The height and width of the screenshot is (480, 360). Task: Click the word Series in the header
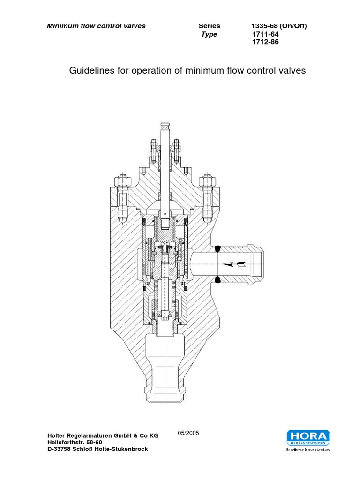209,26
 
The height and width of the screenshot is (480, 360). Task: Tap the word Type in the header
209,35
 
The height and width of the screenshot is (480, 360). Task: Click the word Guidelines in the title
91,71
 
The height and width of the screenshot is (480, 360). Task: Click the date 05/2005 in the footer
189,433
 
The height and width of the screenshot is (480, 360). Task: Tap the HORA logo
308,437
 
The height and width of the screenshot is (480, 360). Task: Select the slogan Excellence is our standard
308,450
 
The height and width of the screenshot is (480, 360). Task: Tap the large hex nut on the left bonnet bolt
118,180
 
